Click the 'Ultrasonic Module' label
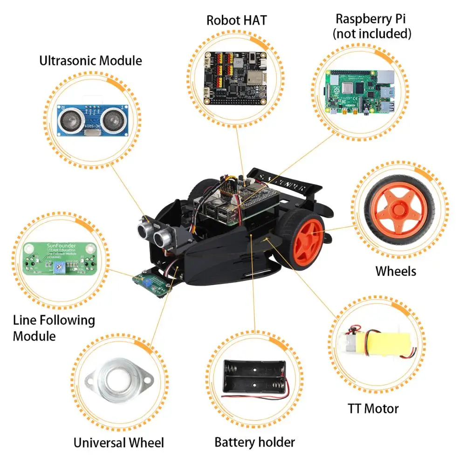coord(90,61)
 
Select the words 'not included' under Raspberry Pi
coord(372,34)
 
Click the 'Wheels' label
coord(396,271)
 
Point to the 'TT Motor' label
coord(373,409)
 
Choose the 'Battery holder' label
coord(254,442)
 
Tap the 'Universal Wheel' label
coord(118,442)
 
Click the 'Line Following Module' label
coord(53,328)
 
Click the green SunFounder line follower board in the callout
coord(60,262)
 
